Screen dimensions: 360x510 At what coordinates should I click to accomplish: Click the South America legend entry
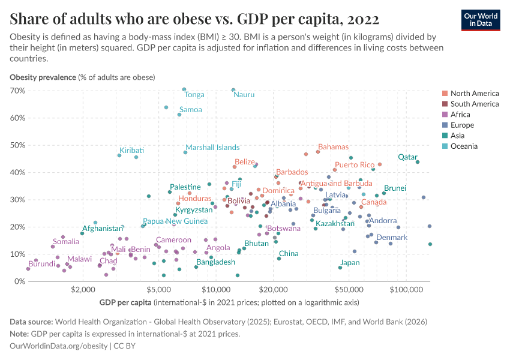click(474, 104)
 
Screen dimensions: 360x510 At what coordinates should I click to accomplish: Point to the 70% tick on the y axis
click(17, 91)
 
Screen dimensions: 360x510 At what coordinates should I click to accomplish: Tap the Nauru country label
click(244, 95)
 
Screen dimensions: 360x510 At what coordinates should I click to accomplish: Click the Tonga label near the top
click(194, 95)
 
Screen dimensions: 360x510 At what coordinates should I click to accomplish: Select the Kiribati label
click(131, 150)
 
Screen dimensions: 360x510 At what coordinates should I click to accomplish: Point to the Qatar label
click(407, 157)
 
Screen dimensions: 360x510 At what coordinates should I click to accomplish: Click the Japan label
click(350, 263)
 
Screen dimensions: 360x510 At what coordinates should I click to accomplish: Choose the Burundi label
click(41, 264)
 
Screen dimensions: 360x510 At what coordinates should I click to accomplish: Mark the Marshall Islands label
click(212, 147)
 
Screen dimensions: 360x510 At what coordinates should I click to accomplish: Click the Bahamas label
click(333, 147)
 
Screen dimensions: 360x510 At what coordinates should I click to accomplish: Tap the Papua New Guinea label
click(175, 221)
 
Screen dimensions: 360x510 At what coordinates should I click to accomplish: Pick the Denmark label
click(392, 238)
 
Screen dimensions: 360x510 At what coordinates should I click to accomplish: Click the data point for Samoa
click(179, 114)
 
